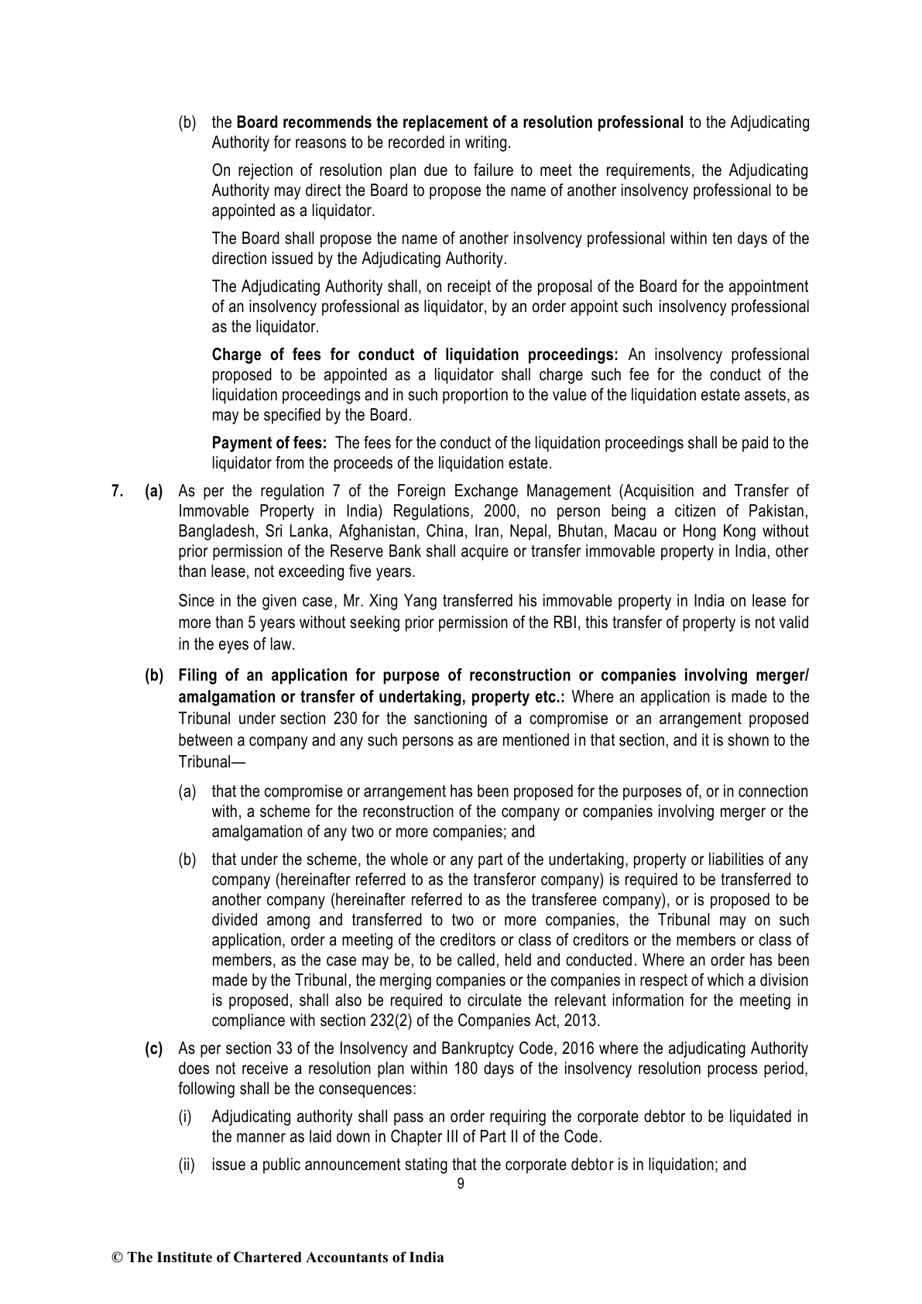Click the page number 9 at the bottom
[x=461, y=1184]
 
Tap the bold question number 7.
[x=117, y=491]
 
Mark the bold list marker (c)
[x=154, y=1049]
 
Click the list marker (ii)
[x=187, y=1164]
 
